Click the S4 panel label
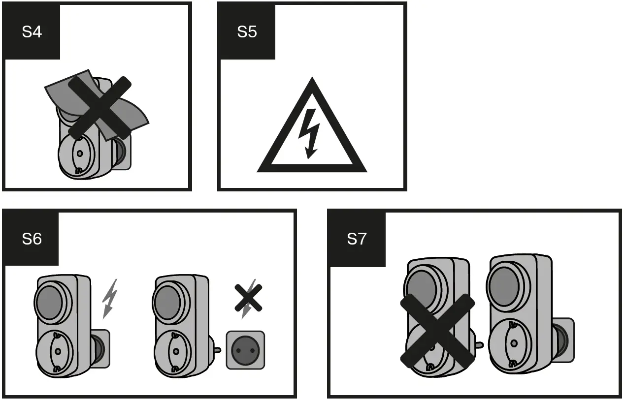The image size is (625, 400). coord(32,32)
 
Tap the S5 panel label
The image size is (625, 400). coord(247,32)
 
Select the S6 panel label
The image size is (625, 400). coord(32,240)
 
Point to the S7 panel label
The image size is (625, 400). coord(357,240)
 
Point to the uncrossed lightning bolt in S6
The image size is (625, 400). coord(109,298)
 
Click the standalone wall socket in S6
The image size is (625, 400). coord(245,350)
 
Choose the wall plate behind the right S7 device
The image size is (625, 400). coord(564,340)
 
